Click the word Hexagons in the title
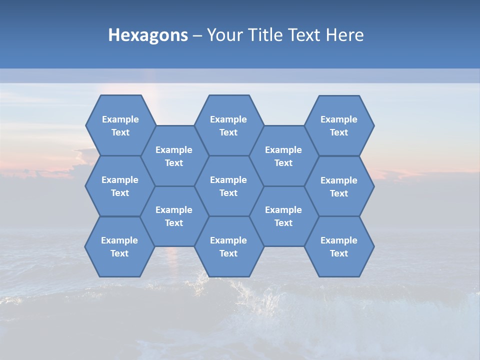(148, 35)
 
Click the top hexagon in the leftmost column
(120, 125)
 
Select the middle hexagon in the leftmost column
(120, 186)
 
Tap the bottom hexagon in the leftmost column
(119, 246)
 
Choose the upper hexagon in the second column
(174, 156)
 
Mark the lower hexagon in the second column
(174, 216)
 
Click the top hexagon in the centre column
(228, 125)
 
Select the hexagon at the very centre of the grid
(228, 186)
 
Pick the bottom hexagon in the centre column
(228, 246)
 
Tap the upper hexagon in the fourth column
(283, 156)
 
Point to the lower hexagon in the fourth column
(283, 216)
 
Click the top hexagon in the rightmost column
(339, 125)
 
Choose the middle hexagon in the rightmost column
(339, 186)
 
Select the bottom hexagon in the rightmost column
(339, 246)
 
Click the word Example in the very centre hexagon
(228, 180)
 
